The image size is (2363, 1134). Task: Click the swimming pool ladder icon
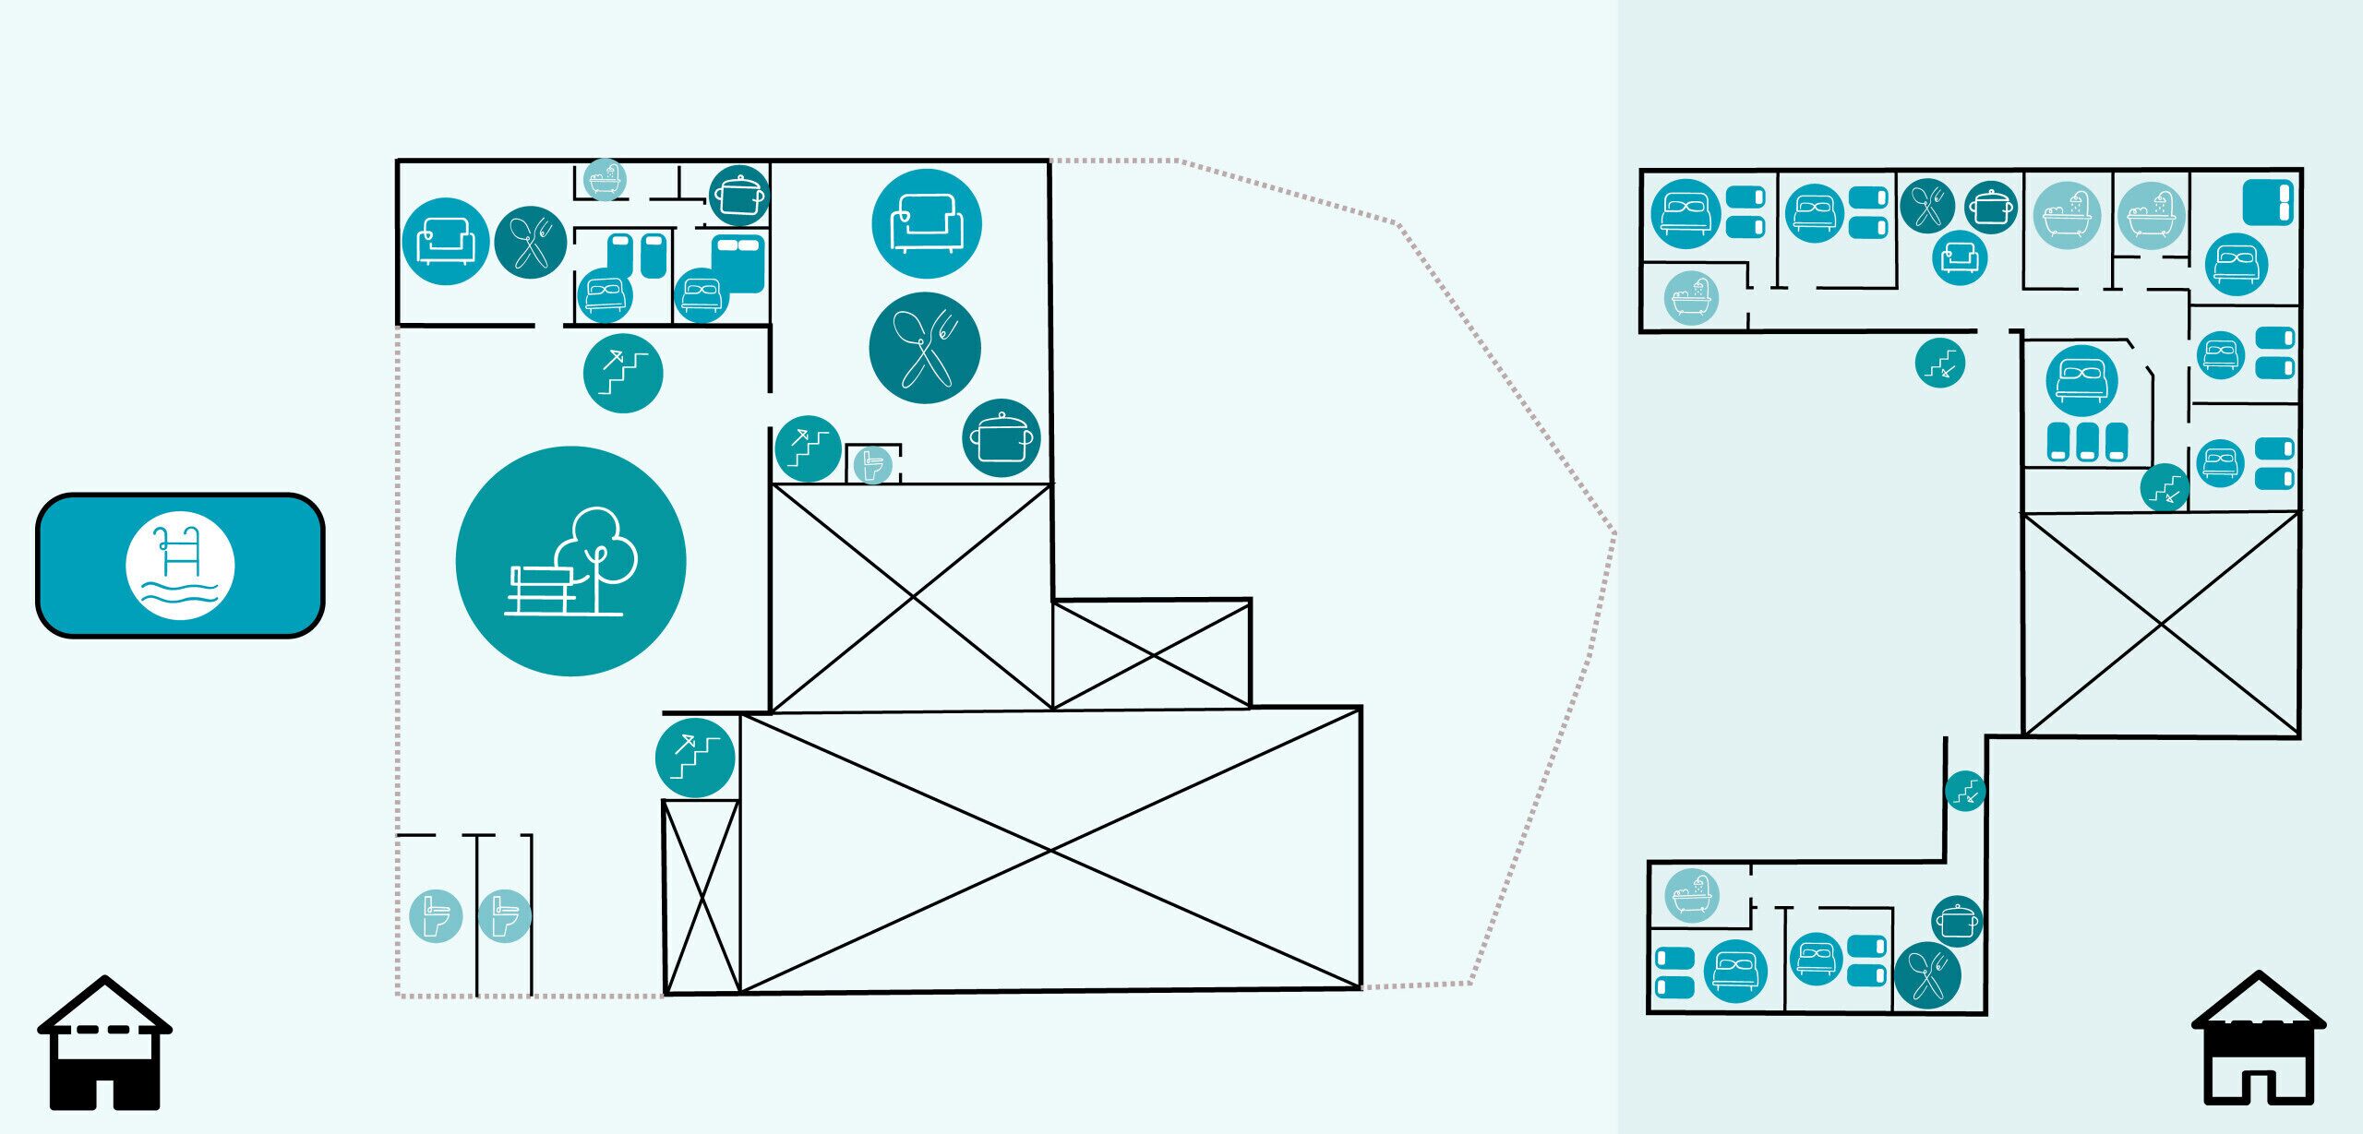180,565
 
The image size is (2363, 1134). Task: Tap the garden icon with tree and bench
570,561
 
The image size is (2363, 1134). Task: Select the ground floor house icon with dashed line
104,1043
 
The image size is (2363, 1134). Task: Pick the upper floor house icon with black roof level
2258,1038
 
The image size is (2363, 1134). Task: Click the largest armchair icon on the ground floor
926,223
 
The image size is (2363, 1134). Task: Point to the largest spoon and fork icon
924,348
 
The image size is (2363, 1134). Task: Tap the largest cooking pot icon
1002,438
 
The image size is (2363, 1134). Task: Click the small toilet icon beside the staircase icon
870,464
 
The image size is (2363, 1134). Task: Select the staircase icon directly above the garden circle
623,373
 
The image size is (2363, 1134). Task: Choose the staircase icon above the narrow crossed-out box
695,758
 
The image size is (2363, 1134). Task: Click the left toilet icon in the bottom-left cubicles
435,915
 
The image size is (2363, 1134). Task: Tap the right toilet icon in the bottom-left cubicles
505,915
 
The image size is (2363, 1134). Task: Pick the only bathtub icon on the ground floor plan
605,179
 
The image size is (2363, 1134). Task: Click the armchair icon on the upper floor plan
1960,257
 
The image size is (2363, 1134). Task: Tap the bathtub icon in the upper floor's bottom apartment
1691,895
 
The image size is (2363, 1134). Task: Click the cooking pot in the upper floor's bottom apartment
1957,921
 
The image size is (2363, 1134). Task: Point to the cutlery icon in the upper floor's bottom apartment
1927,975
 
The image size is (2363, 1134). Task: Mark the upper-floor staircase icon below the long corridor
1939,363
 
